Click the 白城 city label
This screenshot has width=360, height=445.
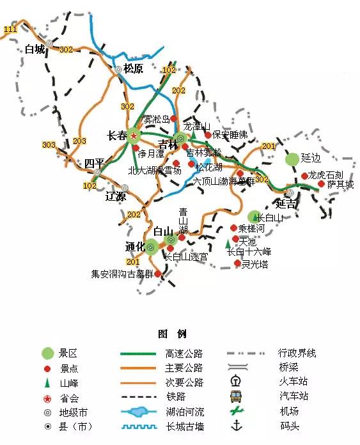(35, 49)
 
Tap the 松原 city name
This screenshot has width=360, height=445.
(134, 68)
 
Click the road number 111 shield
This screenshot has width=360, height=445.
(10, 29)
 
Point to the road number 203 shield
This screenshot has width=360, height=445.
(79, 141)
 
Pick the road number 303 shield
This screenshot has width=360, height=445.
(49, 145)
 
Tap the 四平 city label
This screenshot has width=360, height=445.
(94, 164)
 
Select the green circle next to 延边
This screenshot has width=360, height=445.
(292, 158)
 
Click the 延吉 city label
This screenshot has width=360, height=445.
(286, 205)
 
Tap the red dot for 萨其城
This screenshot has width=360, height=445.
(321, 183)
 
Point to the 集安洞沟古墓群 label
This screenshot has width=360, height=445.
(122, 274)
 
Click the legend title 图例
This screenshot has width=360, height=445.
(171, 334)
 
